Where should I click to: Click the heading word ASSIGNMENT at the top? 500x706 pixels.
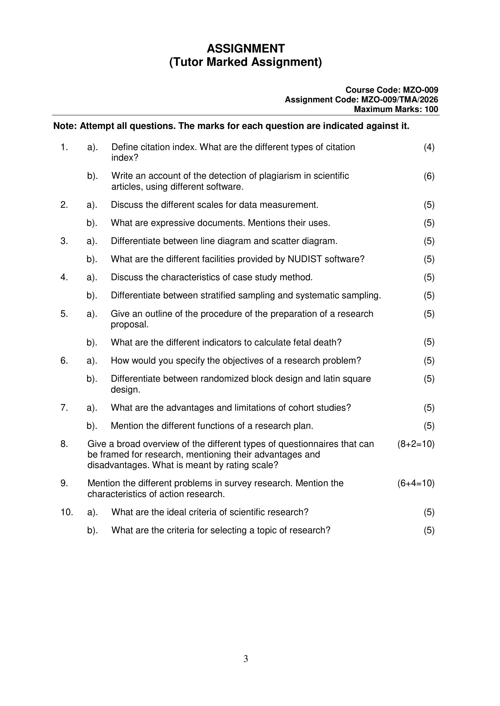click(245, 49)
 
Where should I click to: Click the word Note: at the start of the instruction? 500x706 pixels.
click(65, 126)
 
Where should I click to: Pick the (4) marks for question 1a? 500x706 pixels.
click(429, 147)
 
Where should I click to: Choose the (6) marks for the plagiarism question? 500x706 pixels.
click(429, 176)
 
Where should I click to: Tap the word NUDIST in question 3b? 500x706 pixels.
click(305, 259)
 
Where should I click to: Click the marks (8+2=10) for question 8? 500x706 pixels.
click(416, 444)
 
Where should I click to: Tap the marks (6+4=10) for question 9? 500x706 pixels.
click(416, 483)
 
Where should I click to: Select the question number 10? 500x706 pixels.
click(67, 512)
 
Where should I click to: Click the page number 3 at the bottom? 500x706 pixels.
click(246, 659)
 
